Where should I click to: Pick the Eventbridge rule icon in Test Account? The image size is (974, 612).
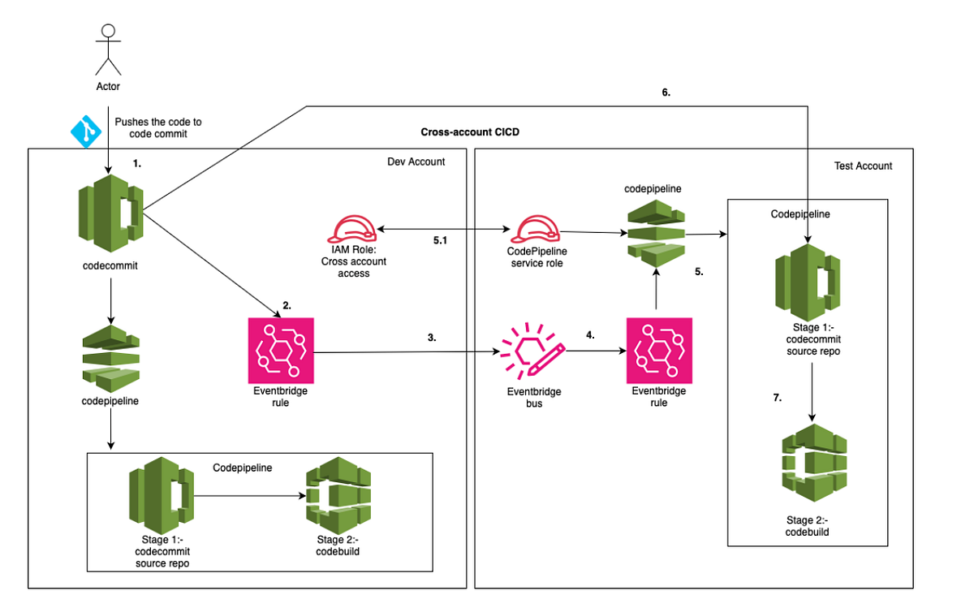point(658,351)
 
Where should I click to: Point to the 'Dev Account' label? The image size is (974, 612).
point(416,162)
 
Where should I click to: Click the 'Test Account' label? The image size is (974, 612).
point(863,166)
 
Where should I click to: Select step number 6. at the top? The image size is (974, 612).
point(666,93)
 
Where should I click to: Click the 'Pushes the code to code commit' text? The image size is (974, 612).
point(158,127)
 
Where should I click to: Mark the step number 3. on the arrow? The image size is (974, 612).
point(431,337)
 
